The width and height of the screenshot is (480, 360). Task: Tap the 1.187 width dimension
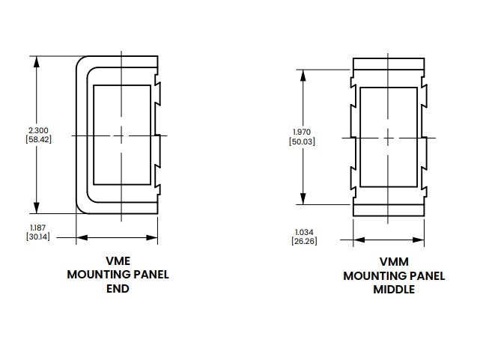(x=37, y=226)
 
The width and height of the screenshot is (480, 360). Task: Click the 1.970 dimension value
(x=302, y=132)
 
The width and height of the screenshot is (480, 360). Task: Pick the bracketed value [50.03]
(x=302, y=141)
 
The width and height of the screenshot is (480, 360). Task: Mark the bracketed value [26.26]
(x=303, y=240)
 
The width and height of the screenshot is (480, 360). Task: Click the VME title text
(x=118, y=260)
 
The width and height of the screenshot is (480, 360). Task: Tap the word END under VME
(x=118, y=288)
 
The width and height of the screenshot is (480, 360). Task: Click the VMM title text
(x=394, y=262)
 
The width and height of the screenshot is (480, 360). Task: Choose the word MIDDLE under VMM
(x=394, y=290)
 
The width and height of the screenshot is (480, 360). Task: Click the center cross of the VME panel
(x=121, y=135)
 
